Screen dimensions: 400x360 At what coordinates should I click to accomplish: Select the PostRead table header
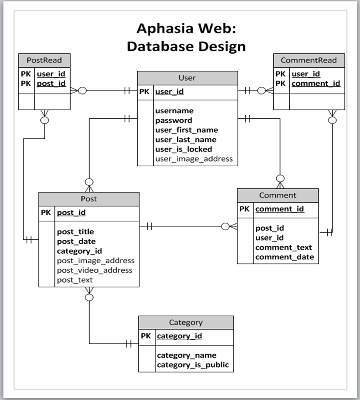coord(44,60)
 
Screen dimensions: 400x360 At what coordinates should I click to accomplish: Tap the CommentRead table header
coord(309,60)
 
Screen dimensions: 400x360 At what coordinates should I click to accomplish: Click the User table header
coord(187,78)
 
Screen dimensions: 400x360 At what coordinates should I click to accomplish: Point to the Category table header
coord(186,322)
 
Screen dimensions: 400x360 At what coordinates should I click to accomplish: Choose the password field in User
coord(174,121)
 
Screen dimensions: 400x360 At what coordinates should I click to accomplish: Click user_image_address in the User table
coord(194,159)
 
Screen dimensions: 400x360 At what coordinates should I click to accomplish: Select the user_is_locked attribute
coord(184,149)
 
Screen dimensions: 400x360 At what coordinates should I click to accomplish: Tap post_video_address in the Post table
coord(95,270)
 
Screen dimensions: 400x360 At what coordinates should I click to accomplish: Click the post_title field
coord(76,232)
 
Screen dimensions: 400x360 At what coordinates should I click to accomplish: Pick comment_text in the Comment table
coord(284,247)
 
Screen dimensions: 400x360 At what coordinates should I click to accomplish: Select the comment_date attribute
coord(285,257)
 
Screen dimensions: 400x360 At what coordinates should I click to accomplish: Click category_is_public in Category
coord(193,365)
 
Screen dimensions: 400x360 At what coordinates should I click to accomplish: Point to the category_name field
coord(187,355)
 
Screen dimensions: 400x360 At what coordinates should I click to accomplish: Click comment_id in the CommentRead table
coord(316,83)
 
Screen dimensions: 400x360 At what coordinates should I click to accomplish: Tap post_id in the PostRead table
coord(51,83)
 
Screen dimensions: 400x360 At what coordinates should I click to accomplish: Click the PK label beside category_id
coord(146,336)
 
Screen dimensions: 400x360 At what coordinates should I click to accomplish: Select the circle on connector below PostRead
coord(45,120)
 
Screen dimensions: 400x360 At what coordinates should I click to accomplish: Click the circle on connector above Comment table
coord(280,178)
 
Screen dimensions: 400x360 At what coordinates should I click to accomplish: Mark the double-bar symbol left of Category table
coord(128,344)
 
